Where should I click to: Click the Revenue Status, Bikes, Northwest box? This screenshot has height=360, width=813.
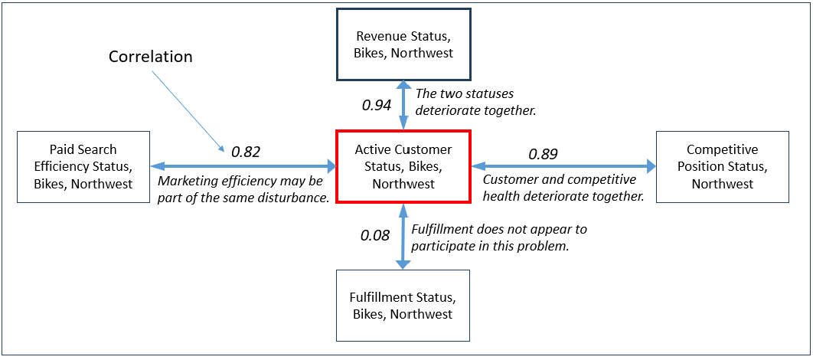403,44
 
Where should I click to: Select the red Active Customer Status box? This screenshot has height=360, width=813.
403,166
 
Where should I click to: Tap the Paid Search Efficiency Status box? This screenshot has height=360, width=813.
83,166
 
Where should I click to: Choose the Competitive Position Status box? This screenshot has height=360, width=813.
722,166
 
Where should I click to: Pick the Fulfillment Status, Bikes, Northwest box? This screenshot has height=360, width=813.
403,306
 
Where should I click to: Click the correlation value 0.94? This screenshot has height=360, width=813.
377,105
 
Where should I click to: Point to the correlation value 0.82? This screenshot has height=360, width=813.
245,151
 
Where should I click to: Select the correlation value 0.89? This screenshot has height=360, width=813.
544,153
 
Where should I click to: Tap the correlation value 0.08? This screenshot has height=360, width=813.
374,235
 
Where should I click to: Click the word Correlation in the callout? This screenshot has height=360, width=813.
150,57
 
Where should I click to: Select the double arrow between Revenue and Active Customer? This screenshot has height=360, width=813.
403,105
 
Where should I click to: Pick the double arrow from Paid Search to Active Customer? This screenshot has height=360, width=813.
243,166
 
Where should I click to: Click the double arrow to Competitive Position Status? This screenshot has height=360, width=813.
563,166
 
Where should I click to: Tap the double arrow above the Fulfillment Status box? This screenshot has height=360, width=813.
403,236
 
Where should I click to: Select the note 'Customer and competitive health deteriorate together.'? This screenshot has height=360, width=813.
563,188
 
